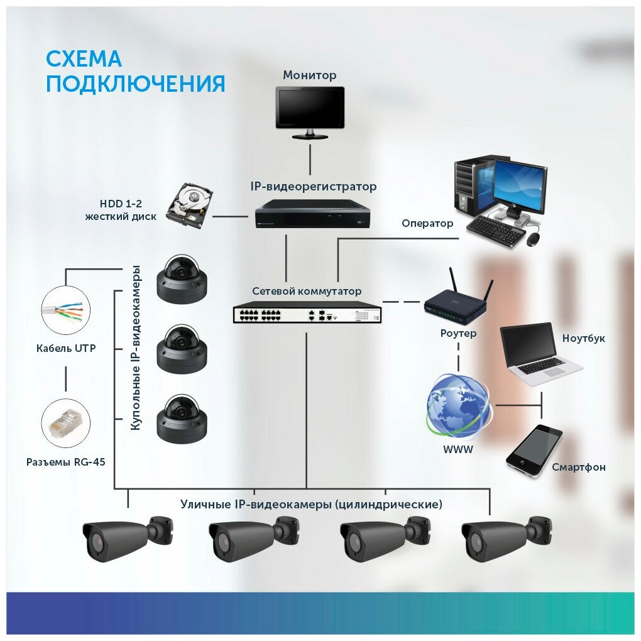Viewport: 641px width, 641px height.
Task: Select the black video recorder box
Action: pyautogui.click(x=313, y=214)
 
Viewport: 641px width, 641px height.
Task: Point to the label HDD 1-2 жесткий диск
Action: pyautogui.click(x=128, y=211)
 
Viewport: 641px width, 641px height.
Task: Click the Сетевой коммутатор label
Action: pyautogui.click(x=307, y=292)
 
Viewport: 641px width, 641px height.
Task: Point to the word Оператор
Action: pyautogui.click(x=427, y=223)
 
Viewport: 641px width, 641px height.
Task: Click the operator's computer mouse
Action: pyautogui.click(x=534, y=239)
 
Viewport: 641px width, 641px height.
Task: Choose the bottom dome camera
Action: pyautogui.click(x=182, y=417)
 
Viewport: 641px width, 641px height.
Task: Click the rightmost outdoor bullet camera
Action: pyautogui.click(x=506, y=538)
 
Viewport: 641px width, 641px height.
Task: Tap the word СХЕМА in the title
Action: pyautogui.click(x=84, y=60)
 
